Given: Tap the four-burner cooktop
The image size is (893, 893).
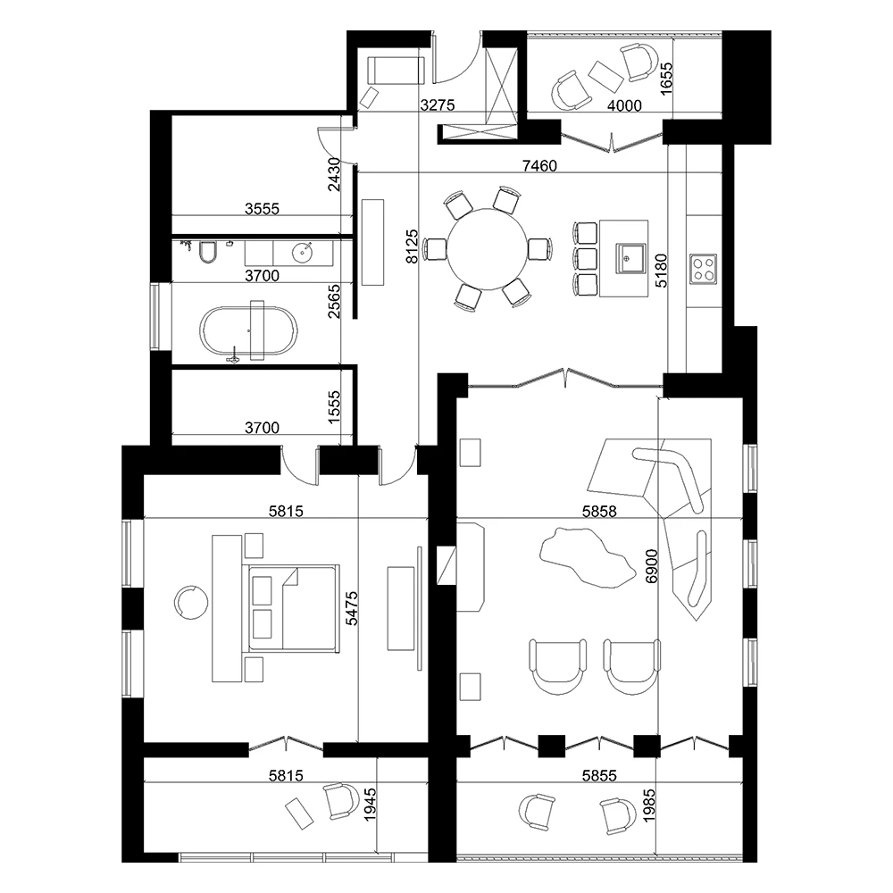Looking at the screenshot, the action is pos(704,269).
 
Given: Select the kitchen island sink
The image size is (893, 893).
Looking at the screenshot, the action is pos(630,259).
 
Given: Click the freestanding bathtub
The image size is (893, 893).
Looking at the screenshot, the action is pos(248,331).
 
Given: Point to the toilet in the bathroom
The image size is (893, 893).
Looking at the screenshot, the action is pos(208,253).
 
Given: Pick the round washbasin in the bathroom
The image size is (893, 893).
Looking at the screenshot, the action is pos(302,253).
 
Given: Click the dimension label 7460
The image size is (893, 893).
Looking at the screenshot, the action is pos(539,166).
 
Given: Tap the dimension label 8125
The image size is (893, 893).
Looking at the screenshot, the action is pos(412,246).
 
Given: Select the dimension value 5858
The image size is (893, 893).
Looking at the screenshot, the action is pos(599,512).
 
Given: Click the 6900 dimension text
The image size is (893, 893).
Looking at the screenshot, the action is pos(652,566).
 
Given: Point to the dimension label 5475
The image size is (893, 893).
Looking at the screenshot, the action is pos(352,608).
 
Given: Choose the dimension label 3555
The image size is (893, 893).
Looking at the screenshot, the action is pos(262,209).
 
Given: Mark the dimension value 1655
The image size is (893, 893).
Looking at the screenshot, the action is pos(666,78).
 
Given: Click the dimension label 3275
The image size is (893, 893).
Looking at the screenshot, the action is pos(438,105).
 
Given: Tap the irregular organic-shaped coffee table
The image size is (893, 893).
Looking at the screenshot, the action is pos(588,557).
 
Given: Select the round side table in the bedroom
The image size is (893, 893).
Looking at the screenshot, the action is pos(190,602).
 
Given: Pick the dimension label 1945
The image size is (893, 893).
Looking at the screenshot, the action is pos(371,805).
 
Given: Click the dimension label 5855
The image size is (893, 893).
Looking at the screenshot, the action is pos(599,775).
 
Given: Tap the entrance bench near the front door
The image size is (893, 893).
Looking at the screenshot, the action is pos(396,70).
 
